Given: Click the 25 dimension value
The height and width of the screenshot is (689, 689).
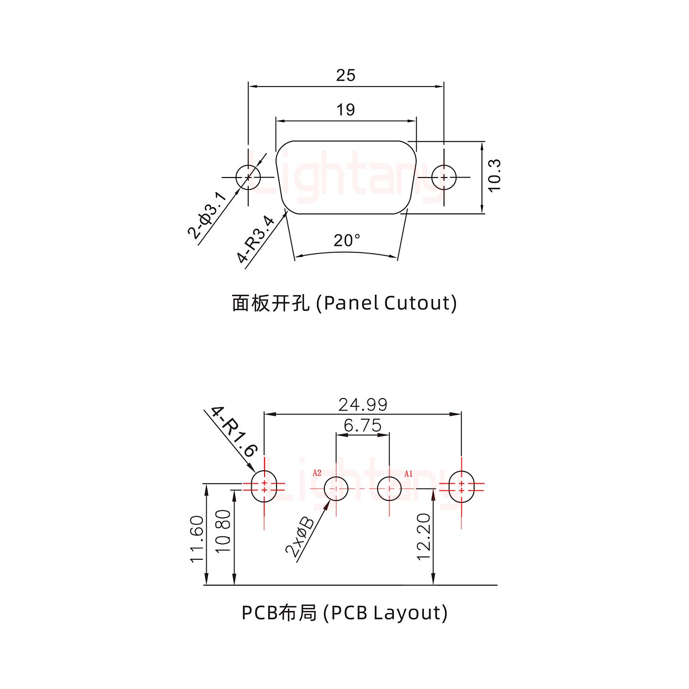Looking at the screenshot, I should [x=345, y=76].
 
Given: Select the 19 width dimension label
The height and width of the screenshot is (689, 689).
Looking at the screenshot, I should [x=345, y=110].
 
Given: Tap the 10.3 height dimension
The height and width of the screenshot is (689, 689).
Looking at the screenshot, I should [x=495, y=176].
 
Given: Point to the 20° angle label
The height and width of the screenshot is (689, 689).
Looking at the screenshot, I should [x=346, y=240].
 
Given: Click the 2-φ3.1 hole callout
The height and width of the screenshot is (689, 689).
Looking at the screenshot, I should [x=207, y=215].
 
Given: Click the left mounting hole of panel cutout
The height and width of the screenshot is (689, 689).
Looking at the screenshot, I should [x=248, y=177].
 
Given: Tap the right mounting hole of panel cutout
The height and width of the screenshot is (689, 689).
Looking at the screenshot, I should [x=444, y=177].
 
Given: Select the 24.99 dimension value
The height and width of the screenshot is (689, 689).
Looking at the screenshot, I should [x=363, y=405].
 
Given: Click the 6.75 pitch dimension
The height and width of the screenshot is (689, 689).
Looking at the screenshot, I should [x=363, y=425].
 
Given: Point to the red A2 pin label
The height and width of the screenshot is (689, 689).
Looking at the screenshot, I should [x=317, y=473].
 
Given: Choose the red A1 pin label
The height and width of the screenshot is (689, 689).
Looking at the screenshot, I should [x=408, y=474].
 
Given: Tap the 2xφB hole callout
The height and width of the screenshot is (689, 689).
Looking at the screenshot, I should [x=300, y=537].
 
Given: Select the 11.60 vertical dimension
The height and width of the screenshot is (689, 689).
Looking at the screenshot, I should [x=198, y=539].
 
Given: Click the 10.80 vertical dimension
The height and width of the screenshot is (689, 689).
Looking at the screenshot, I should [x=224, y=531].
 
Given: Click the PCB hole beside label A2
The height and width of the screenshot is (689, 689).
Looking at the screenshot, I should [x=337, y=489].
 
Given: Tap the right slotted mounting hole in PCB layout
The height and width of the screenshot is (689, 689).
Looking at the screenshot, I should [x=461, y=487].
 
